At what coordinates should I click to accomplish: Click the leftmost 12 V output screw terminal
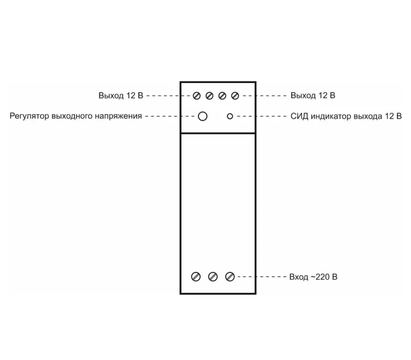[197, 96]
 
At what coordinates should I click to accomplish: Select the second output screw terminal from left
[210, 96]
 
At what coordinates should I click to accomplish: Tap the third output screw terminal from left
[222, 96]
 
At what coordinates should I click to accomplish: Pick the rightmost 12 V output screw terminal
[235, 96]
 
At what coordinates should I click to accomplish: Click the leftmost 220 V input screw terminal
[196, 277]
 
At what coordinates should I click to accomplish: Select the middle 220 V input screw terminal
[213, 277]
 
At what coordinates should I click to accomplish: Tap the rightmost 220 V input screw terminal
[230, 277]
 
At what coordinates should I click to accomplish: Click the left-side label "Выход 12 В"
[121, 96]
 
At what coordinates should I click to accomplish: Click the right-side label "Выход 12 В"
[313, 95]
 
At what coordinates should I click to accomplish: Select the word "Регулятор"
[29, 116]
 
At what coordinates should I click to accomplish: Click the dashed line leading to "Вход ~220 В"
[262, 277]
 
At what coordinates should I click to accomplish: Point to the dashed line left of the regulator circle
[170, 116]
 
